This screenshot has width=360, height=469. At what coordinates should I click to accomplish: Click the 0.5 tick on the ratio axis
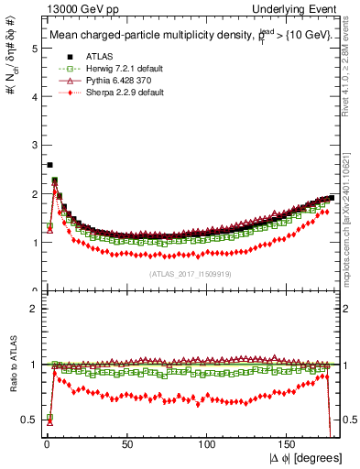30,420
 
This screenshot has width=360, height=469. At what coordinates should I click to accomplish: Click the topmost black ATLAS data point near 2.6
49,165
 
